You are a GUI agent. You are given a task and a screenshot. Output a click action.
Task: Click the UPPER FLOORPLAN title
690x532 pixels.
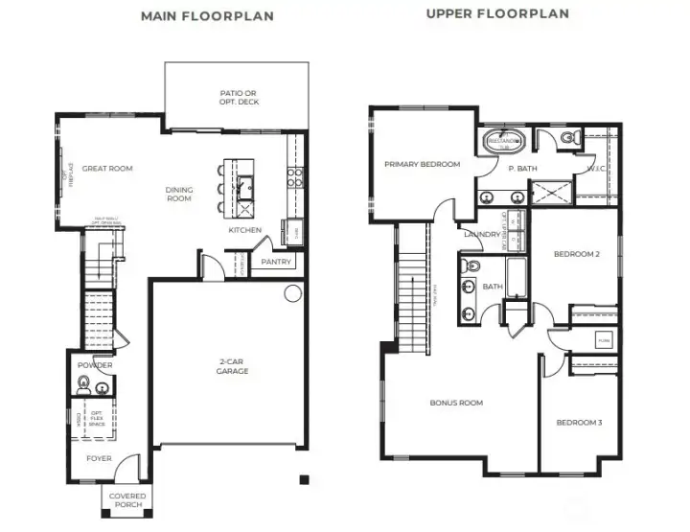[x=497, y=13]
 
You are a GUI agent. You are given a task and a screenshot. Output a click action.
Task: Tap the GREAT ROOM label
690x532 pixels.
[x=107, y=169]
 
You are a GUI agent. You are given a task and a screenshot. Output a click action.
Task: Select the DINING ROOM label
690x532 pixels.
[x=179, y=194]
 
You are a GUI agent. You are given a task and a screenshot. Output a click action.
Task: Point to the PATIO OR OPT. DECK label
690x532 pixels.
[x=239, y=98]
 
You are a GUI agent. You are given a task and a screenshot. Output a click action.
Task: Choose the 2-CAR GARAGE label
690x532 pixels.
[x=233, y=366]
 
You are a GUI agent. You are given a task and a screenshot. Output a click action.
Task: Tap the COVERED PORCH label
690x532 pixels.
[x=126, y=500]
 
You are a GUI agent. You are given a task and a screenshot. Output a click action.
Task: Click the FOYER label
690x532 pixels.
[x=99, y=458]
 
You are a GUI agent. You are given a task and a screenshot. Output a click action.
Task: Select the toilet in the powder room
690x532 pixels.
[x=84, y=387]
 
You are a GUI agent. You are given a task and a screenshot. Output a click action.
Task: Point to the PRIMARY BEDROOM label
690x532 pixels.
[x=422, y=164]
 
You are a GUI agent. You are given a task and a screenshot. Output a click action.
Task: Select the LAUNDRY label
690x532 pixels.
[x=480, y=234]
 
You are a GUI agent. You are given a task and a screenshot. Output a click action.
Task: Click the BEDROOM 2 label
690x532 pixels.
[x=577, y=255]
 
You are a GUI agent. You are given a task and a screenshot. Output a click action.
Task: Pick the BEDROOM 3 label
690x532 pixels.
[x=579, y=423]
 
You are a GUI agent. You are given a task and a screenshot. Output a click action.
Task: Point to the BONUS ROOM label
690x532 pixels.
[x=456, y=403]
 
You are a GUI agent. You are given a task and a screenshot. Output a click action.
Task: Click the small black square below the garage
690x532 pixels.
[x=303, y=479]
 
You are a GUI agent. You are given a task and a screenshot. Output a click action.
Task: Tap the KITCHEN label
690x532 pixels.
[x=244, y=230]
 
